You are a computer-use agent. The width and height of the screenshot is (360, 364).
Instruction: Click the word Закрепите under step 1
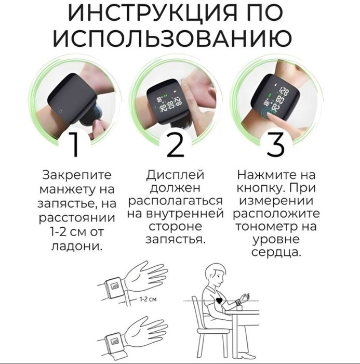point(76,175)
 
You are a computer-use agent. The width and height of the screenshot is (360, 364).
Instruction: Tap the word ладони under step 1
point(76,244)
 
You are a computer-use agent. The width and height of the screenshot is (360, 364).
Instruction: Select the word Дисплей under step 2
point(175,175)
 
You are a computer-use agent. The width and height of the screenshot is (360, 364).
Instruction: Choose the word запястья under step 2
point(175,240)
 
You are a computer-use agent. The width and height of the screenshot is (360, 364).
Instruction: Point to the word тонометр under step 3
point(276,227)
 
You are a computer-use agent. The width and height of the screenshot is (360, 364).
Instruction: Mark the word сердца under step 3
point(276,254)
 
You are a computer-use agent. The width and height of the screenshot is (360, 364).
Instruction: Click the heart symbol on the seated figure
point(219,301)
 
